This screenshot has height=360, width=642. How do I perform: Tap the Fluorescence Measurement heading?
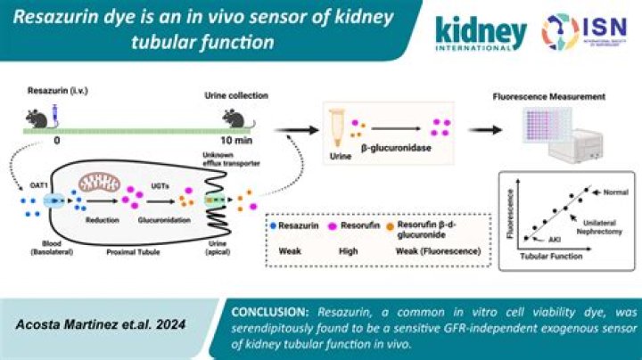[x=556, y=95]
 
